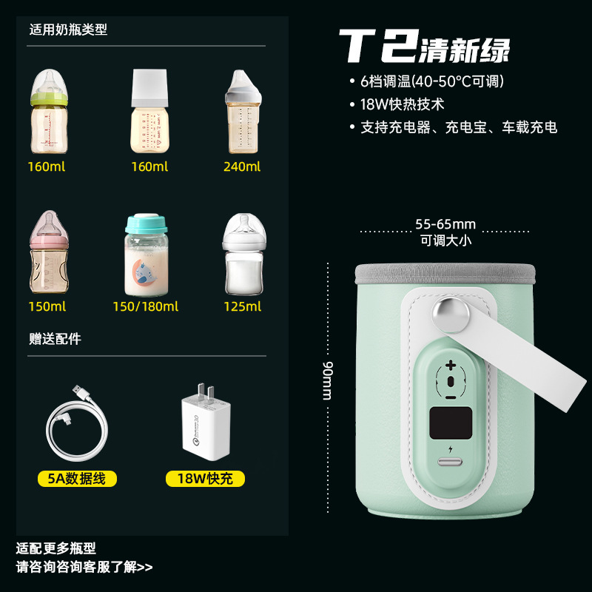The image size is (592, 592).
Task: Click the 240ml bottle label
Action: [242, 166]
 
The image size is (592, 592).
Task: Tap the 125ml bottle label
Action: [242, 306]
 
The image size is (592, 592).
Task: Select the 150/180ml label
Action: [145, 306]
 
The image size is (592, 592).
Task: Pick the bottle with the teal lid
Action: [145, 255]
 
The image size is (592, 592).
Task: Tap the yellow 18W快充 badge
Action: [205, 479]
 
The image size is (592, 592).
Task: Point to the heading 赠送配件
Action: [55, 339]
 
